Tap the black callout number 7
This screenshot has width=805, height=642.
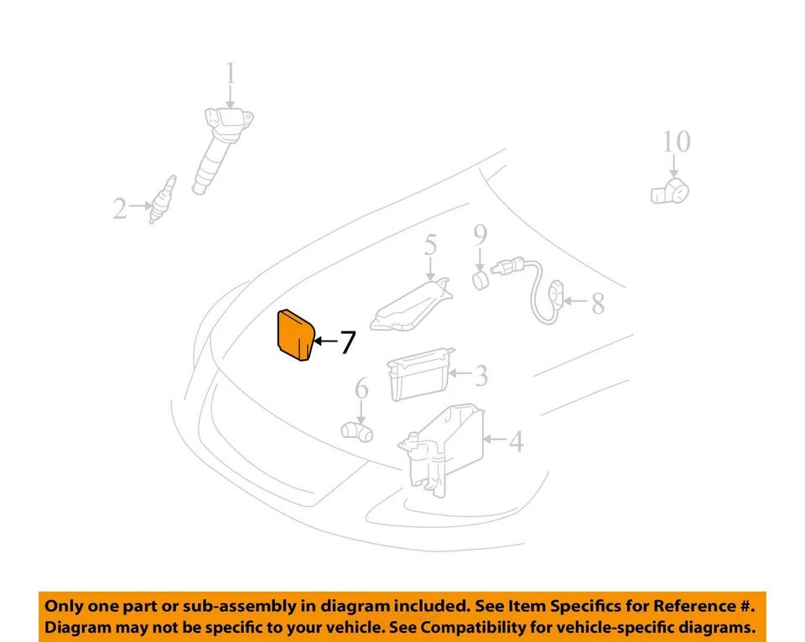pos(347,342)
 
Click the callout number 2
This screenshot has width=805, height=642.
pos(121,208)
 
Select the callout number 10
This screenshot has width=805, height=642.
pos(676,142)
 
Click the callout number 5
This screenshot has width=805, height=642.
pos(430,245)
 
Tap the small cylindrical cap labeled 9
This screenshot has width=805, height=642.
pos(480,279)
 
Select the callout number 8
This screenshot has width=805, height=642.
pos(597,303)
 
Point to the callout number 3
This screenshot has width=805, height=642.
pos(480,375)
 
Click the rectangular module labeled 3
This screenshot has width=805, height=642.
pos(417,377)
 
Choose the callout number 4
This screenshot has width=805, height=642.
pos(516,441)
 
